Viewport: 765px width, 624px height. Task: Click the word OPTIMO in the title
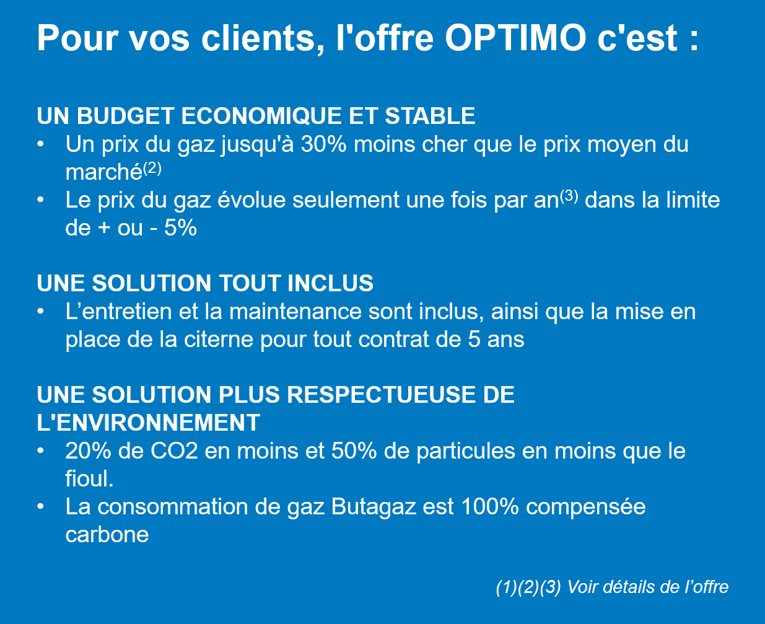(515, 38)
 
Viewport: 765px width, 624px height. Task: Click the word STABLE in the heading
(430, 116)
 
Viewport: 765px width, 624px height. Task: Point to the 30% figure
(323, 144)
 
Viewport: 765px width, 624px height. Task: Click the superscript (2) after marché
(152, 169)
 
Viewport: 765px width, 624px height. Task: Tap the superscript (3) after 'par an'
(569, 196)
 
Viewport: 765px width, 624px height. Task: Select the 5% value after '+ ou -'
(180, 228)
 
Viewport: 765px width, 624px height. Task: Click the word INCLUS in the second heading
(330, 283)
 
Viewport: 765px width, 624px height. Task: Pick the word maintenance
(295, 312)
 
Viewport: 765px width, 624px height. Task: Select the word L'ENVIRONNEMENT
(149, 422)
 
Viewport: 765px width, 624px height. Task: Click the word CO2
(174, 451)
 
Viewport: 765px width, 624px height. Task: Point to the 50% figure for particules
(354, 451)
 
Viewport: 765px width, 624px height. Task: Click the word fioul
(89, 478)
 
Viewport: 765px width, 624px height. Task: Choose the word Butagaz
(374, 507)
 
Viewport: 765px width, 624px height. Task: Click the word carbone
(107, 535)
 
